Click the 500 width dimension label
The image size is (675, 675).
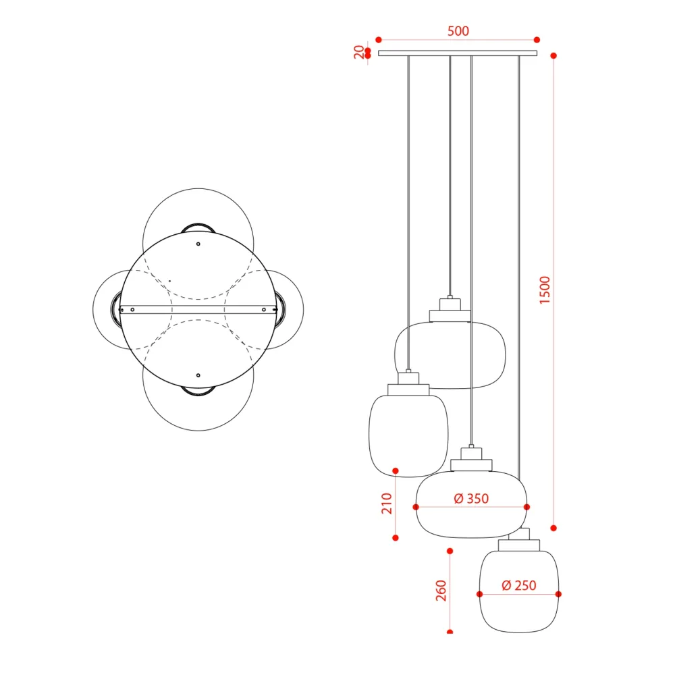click(x=458, y=31)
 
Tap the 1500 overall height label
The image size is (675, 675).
click(x=545, y=290)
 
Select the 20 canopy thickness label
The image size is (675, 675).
click(x=358, y=52)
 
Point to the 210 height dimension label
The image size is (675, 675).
click(x=387, y=504)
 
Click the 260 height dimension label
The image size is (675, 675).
click(x=441, y=591)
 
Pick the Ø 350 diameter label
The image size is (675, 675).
click(x=471, y=499)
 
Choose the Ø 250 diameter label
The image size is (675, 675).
click(x=519, y=585)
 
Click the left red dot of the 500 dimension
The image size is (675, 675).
click(x=379, y=40)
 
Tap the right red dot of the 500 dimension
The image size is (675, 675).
click(x=537, y=40)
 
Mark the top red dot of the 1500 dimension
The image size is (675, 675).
click(x=553, y=55)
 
